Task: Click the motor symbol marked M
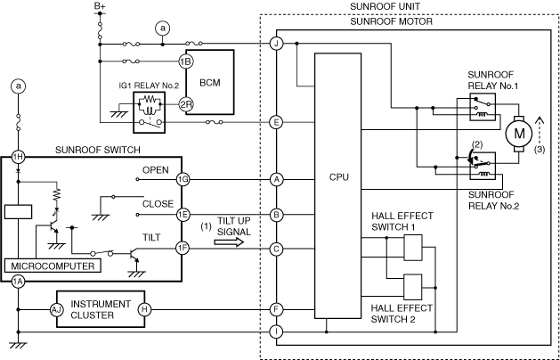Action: [x=516, y=135]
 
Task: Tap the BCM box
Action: [x=210, y=81]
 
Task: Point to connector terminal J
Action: [x=277, y=43]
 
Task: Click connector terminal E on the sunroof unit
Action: [x=277, y=122]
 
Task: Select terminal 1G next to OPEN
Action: [x=183, y=179]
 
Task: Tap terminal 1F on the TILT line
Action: [x=183, y=249]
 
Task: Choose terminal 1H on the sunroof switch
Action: [x=17, y=157]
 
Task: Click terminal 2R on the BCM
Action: [x=185, y=104]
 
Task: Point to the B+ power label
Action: [x=100, y=8]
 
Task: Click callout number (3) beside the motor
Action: [x=538, y=151]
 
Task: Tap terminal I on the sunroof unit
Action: [x=277, y=331]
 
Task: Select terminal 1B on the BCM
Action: [x=185, y=61]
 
